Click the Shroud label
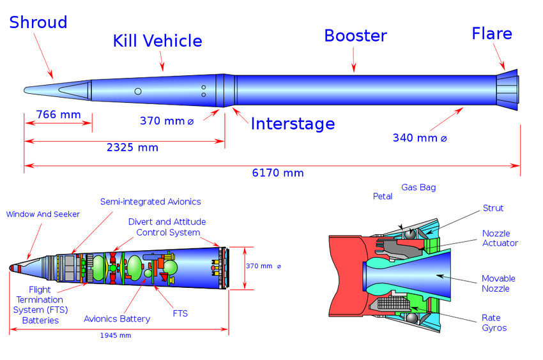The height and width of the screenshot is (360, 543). (x=38, y=22)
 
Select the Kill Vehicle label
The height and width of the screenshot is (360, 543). (x=157, y=41)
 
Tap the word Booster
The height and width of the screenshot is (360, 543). (x=355, y=36)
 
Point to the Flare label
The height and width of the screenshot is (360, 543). (x=491, y=33)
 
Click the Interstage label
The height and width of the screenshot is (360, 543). (x=292, y=123)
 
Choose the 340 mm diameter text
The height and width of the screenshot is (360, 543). (x=420, y=137)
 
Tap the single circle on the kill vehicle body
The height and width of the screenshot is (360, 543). (x=138, y=92)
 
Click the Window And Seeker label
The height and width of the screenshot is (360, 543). (x=43, y=214)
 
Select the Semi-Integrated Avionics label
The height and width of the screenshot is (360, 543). (x=151, y=202)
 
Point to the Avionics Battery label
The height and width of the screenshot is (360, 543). (x=117, y=319)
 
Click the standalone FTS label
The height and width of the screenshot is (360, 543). (x=180, y=313)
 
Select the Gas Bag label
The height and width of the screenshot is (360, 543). (x=418, y=188)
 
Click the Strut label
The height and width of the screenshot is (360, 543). (x=493, y=209)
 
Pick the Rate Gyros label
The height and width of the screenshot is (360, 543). (x=494, y=322)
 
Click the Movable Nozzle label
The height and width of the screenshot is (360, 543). (x=499, y=283)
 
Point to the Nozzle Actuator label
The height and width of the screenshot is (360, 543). (x=500, y=238)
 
